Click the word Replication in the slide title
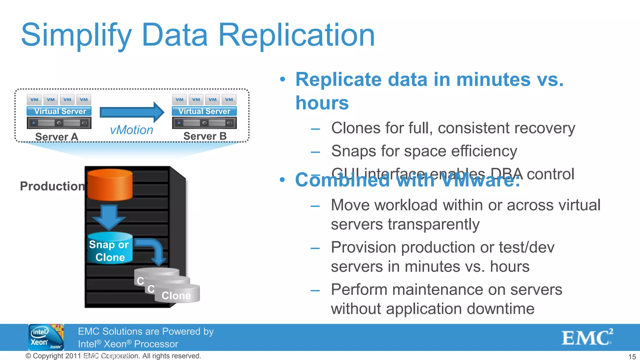point(296,35)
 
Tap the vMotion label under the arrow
point(131,130)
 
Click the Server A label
point(57,137)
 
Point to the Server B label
point(205,136)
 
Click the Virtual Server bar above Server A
point(59,111)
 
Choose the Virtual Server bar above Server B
point(204,111)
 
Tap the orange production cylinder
point(110,184)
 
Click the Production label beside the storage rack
point(52,186)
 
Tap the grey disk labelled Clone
point(177,294)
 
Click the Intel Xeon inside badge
point(46,337)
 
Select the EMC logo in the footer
point(587,337)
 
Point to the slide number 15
point(632,357)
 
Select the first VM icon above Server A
point(34,100)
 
